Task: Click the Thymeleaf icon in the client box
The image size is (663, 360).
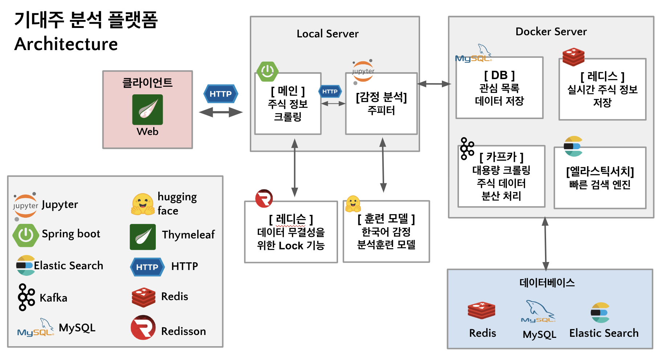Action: coord(147,110)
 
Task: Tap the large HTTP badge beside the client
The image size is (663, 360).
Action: coord(220,94)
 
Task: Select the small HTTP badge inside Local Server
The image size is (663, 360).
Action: coord(330,91)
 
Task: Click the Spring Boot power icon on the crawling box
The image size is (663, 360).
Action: coord(268,71)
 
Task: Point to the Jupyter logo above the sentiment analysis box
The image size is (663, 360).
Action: coord(363,71)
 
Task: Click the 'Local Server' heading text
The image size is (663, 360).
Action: coord(328,34)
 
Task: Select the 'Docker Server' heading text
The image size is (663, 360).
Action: coord(551,32)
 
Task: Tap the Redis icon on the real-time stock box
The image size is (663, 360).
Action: coord(573,57)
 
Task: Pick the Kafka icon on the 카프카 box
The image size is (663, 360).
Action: coord(467,148)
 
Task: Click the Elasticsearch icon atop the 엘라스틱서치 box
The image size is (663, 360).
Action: coord(573,146)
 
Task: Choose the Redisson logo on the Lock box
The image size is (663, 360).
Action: coord(264,199)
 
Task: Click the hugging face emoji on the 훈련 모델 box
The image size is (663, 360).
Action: coord(353,204)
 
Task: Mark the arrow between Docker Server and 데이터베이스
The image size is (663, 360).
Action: coord(545,244)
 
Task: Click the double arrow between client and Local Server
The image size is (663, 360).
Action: coord(221,112)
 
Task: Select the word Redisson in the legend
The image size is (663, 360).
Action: coord(183,331)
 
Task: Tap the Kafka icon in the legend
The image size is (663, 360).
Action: coord(26,297)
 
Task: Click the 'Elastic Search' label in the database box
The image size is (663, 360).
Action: coord(603,333)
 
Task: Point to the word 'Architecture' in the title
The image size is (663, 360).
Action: coord(66,44)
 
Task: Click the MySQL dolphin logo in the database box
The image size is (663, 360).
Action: coord(538,311)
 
